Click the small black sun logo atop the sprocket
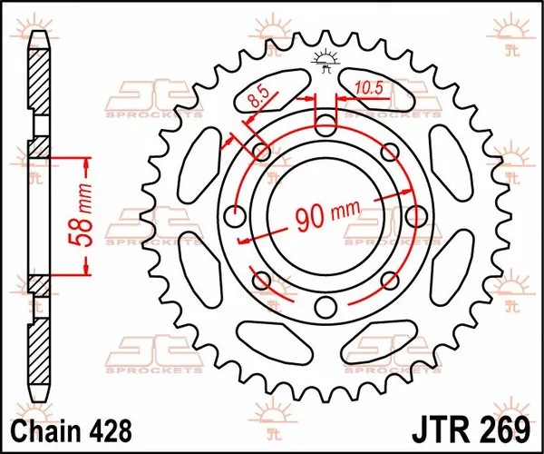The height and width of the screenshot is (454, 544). tap(325, 60)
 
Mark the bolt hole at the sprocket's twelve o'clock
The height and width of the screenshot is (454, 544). tap(325, 125)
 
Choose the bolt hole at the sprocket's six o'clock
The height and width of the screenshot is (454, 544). tap(325, 307)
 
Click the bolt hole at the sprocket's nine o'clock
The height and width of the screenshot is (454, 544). tap(236, 216)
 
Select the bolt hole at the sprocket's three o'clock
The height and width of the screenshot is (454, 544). tap(414, 216)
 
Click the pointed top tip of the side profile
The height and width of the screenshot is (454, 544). tap(39, 35)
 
